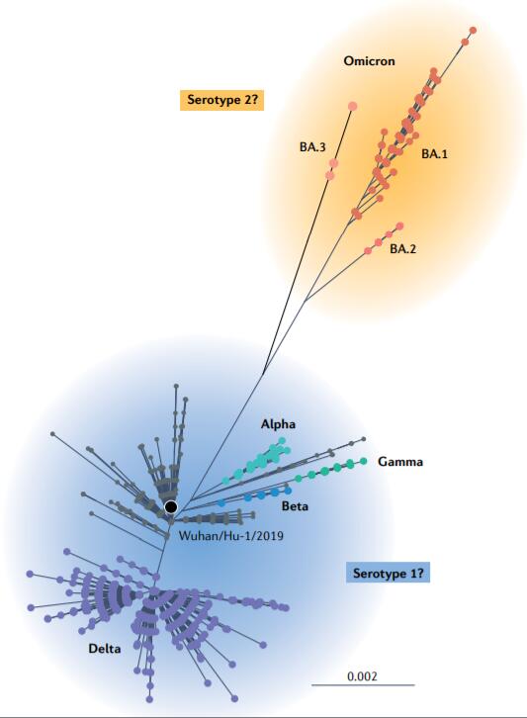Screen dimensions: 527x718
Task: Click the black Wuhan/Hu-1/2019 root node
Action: tap(171, 507)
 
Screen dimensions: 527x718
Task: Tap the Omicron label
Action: tap(369, 61)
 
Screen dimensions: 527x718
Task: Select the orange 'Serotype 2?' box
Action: tap(222, 100)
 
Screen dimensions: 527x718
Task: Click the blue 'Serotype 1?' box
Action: tap(388, 574)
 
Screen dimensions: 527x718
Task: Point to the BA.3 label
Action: tap(312, 147)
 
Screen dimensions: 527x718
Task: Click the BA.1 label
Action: tap(434, 154)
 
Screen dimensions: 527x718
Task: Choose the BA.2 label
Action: tap(403, 249)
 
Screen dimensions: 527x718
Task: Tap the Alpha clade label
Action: tap(278, 424)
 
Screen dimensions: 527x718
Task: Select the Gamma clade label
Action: tap(400, 462)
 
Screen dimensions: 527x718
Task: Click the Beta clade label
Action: tap(295, 506)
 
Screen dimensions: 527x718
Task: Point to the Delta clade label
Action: tap(105, 649)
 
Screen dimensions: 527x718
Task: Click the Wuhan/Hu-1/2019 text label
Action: tap(230, 535)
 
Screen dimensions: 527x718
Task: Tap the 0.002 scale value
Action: tap(362, 676)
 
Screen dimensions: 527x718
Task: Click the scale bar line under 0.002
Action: tap(363, 685)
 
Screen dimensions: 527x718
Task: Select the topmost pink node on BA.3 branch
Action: tap(353, 107)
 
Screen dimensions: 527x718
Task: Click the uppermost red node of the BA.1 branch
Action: tap(473, 31)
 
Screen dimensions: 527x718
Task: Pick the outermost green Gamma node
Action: tap(364, 461)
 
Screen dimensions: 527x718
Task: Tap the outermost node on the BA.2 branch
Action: tap(399, 226)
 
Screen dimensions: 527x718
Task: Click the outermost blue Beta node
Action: tap(288, 491)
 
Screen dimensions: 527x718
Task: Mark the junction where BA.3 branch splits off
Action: tap(263, 376)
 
